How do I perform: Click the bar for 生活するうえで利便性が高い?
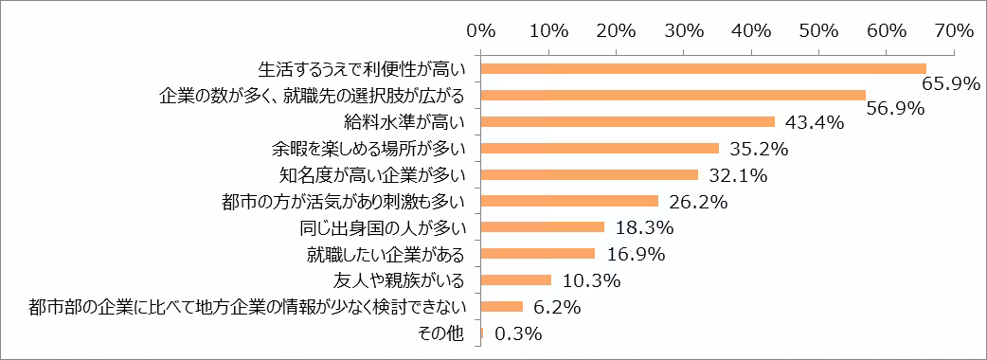(x=704, y=68)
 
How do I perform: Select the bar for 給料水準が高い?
(x=628, y=121)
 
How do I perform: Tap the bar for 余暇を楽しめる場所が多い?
(x=601, y=148)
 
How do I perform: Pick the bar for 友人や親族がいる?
(x=516, y=280)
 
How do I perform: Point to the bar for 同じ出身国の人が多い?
(x=543, y=227)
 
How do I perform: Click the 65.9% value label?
(x=949, y=84)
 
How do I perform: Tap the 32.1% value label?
(x=735, y=175)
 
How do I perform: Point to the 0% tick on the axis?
(x=481, y=31)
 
